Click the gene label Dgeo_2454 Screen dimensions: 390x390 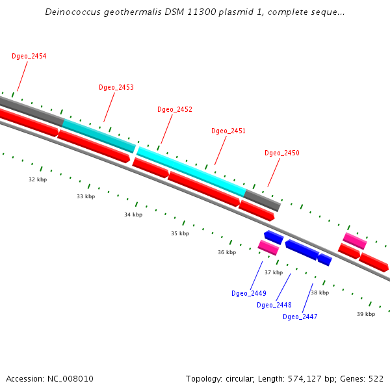(x=29, y=56)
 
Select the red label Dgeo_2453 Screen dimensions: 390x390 (x=116, y=87)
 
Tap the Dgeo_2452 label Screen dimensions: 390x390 (x=175, y=109)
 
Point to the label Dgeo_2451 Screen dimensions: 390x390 (x=228, y=131)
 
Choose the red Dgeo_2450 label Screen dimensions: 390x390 (x=282, y=153)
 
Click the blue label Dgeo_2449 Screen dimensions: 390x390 (x=249, y=293)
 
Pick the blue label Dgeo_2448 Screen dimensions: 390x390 (x=274, y=305)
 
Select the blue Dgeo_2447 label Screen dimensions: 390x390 (x=300, y=317)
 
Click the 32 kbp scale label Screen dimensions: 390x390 (x=38, y=179)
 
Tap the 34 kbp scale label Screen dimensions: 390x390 (x=133, y=214)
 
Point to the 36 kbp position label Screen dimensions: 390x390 (x=227, y=252)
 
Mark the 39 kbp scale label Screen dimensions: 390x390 (x=366, y=314)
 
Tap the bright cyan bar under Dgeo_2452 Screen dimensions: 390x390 (x=192, y=172)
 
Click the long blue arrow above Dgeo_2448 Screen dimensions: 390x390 (x=301, y=249)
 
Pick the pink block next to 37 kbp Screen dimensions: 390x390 (x=268, y=247)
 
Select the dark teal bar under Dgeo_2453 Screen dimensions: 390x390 (x=99, y=135)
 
